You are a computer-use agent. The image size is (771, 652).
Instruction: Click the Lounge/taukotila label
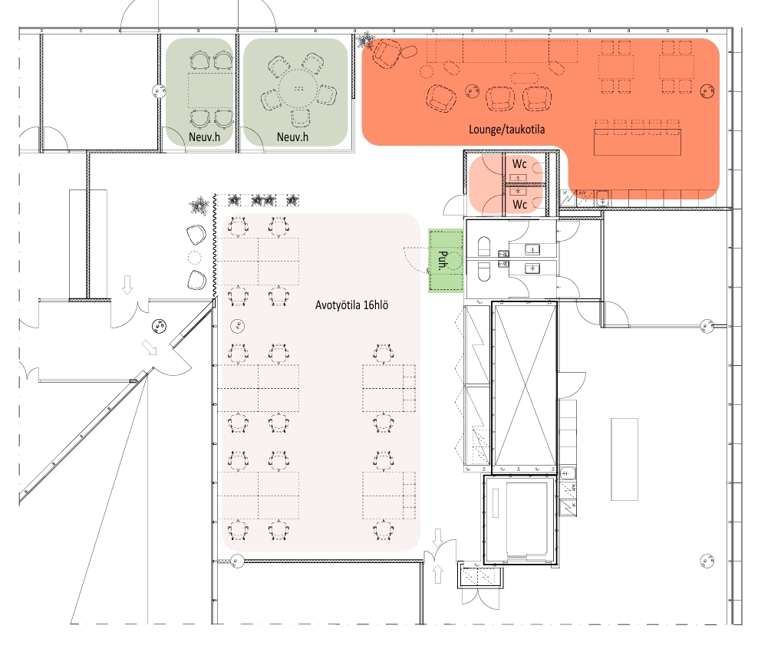click(x=506, y=130)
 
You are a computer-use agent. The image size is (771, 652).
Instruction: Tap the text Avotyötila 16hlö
click(x=351, y=305)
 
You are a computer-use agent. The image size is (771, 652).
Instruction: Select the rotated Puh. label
click(x=443, y=261)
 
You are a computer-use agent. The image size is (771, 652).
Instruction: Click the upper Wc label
click(x=519, y=163)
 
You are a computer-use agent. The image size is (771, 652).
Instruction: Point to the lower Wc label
click(x=519, y=204)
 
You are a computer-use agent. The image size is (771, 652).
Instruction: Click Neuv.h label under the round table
click(x=292, y=137)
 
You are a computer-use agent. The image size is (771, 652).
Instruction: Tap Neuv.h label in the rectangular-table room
click(x=204, y=137)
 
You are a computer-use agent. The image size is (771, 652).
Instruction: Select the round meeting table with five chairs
click(x=298, y=88)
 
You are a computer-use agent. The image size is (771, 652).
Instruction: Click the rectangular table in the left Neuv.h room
click(x=210, y=91)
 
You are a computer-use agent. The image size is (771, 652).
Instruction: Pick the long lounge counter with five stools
click(x=638, y=142)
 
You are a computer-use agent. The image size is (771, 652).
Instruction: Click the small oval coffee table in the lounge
click(x=525, y=77)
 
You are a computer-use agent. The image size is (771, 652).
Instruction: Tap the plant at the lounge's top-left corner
click(x=365, y=41)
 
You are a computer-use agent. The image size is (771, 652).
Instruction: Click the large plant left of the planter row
click(x=199, y=206)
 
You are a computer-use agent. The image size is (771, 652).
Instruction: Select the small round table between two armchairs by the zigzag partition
click(x=195, y=257)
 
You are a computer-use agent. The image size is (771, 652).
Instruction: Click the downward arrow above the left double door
click(x=127, y=285)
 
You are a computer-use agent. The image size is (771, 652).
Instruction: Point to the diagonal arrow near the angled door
click(x=150, y=347)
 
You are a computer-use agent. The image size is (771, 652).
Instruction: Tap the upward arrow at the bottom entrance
click(x=437, y=574)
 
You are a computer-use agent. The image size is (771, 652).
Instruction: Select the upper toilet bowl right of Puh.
click(x=484, y=246)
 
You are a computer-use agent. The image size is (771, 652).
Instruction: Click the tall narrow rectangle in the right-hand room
click(x=624, y=459)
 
